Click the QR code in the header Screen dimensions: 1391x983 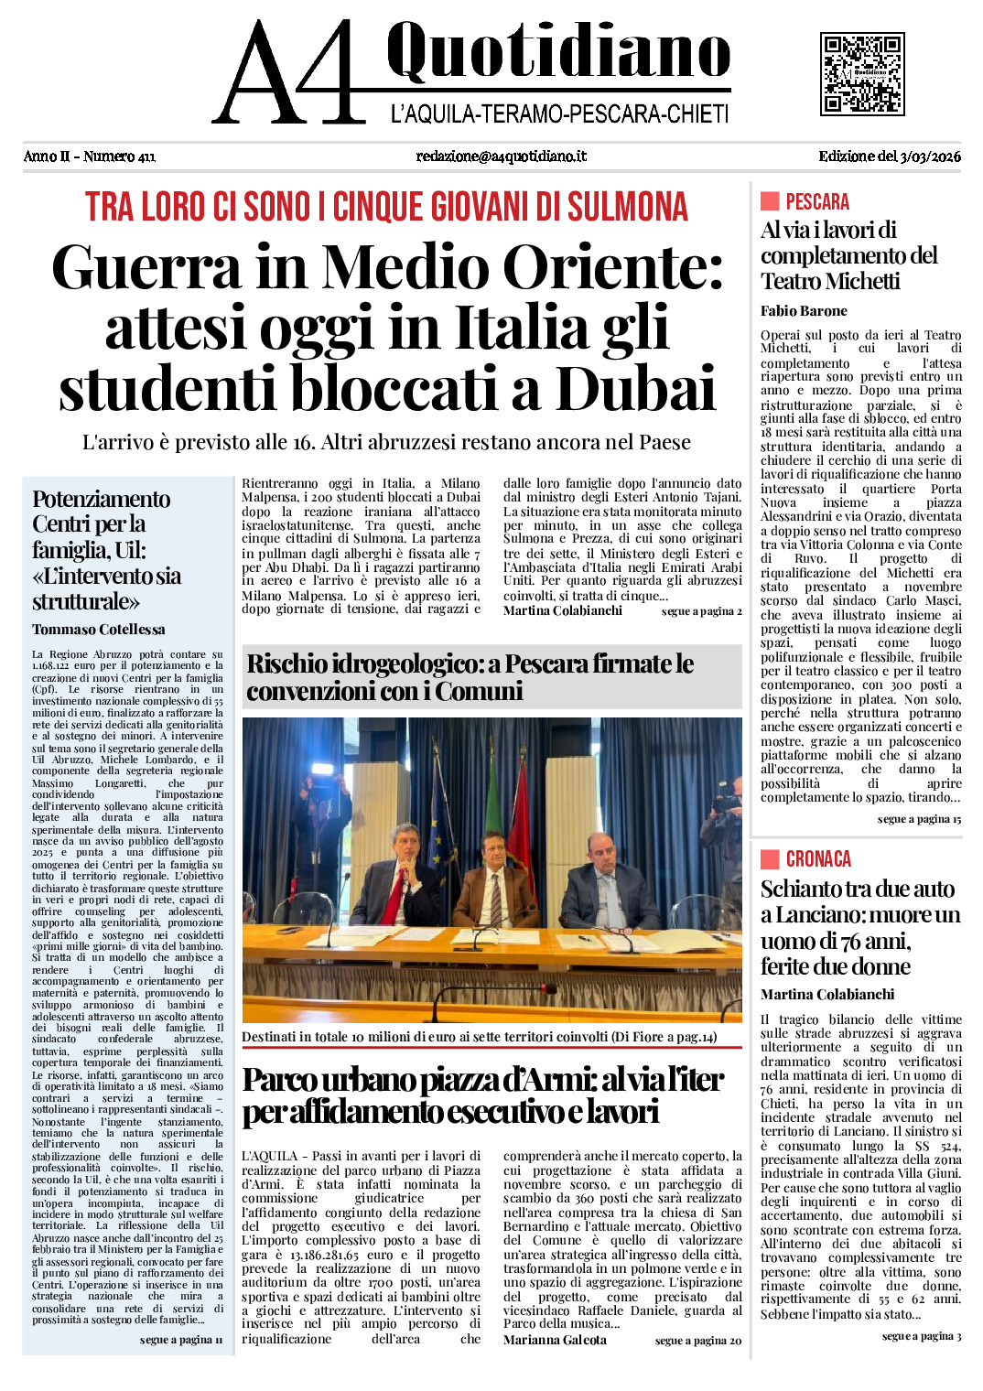coord(861,74)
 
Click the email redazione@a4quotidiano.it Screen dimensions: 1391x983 coord(501,156)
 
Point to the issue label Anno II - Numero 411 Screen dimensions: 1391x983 coord(90,156)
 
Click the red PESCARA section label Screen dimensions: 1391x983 coord(817,202)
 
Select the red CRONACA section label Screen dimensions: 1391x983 coord(818,859)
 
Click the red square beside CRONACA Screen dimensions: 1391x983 coord(770,859)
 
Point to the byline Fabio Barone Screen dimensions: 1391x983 coord(804,311)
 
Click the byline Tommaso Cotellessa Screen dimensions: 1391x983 coord(99,630)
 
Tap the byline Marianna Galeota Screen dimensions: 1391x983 coord(555,1340)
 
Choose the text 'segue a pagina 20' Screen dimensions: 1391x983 coord(697,1341)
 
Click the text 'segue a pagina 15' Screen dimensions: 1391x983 coord(919,819)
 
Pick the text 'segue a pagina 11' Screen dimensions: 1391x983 coord(181,1340)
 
